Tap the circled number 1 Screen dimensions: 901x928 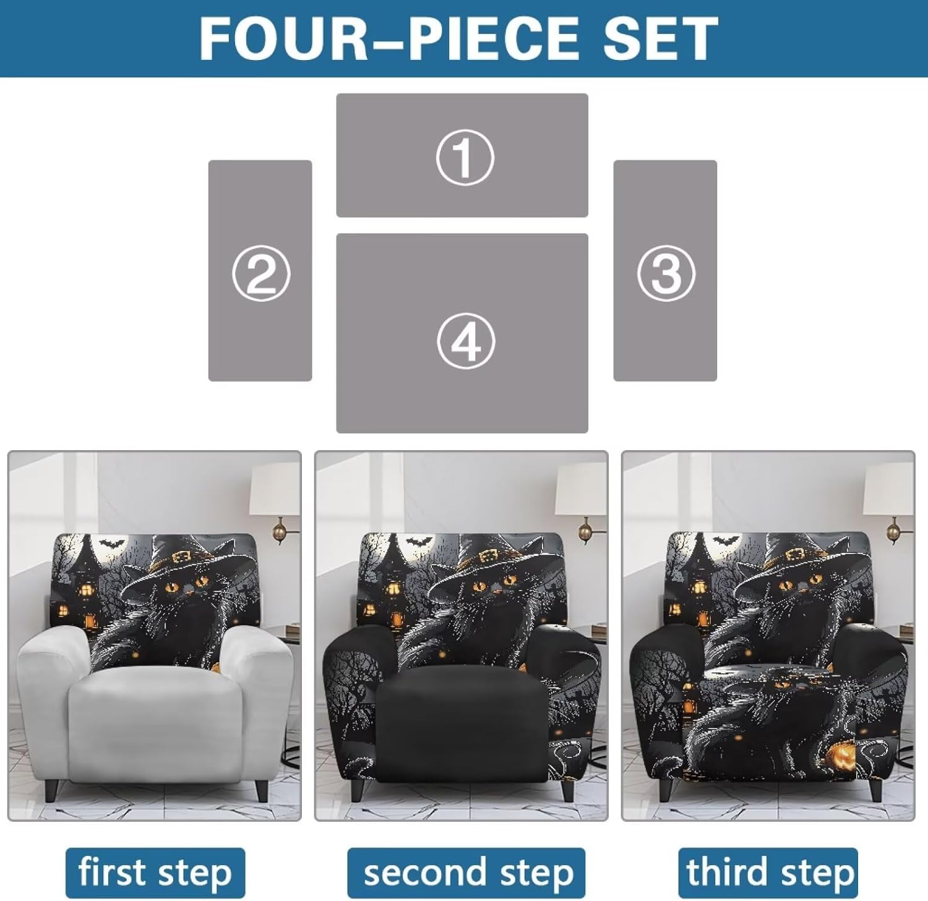(x=465, y=156)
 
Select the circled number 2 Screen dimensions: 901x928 (x=260, y=273)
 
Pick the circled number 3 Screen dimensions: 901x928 (x=666, y=273)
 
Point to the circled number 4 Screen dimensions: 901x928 (x=465, y=342)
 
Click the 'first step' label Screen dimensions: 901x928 (x=155, y=873)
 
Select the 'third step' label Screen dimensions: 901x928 (x=768, y=873)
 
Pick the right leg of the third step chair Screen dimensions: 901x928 (x=874, y=788)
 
